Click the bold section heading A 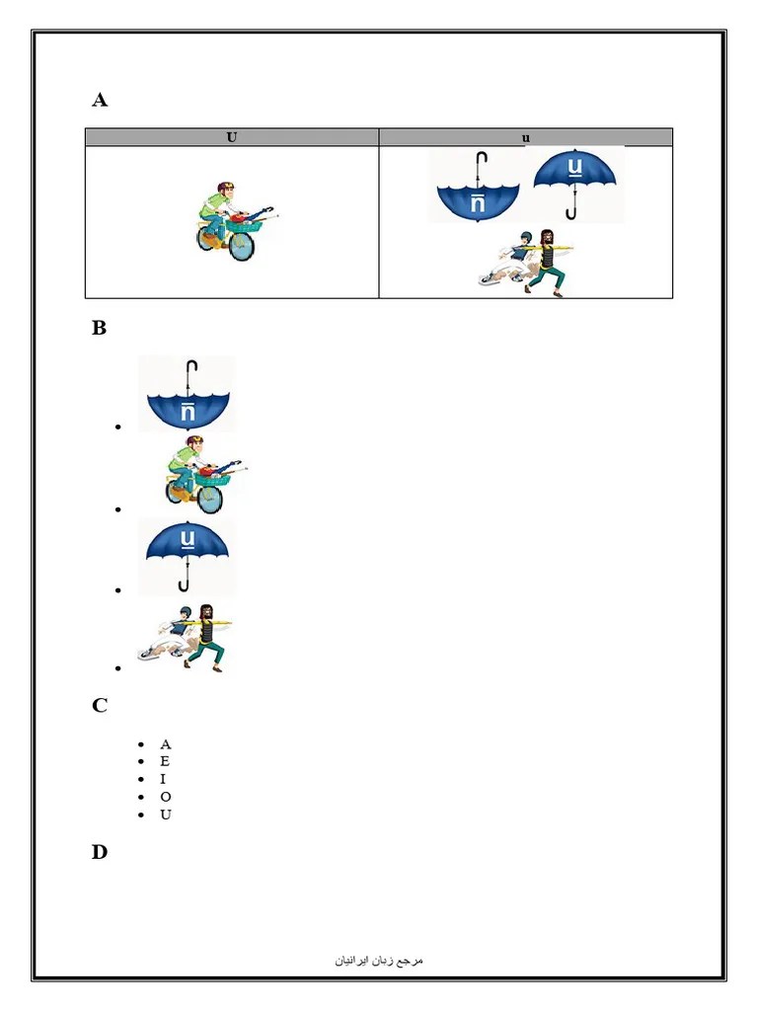100,100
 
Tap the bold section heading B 100,329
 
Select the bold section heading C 100,705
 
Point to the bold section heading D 100,852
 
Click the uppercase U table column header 232,137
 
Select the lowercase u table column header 526,137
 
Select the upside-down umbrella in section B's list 187,394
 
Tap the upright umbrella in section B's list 188,555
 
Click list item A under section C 165,743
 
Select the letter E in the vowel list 165,761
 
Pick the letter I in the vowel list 163,779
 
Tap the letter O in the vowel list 165,797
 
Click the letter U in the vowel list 165,815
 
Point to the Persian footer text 379,960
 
